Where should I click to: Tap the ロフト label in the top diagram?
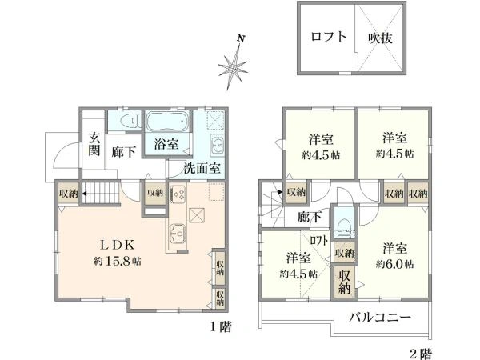(329, 37)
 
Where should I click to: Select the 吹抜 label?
(380, 38)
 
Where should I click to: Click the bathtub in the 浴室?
(167, 122)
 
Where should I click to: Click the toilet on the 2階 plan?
(344, 228)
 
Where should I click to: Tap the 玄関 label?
(94, 145)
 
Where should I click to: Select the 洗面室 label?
(202, 168)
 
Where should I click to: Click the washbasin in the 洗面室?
(217, 145)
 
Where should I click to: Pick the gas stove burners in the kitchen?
(178, 194)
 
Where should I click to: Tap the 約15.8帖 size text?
(118, 261)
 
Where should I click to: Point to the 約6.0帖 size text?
(395, 264)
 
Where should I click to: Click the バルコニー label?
(380, 317)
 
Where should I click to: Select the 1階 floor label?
(221, 327)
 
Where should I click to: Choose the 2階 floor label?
(421, 354)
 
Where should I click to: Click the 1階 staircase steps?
(100, 193)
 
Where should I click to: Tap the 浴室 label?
(166, 143)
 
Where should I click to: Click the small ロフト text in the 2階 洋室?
(318, 240)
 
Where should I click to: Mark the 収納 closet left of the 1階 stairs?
(68, 194)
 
